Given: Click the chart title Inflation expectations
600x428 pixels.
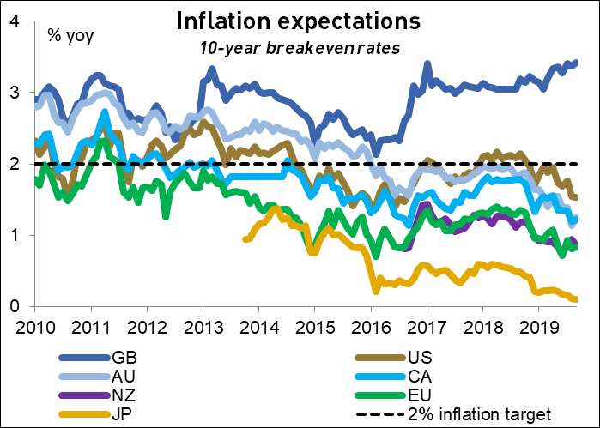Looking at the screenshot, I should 300,19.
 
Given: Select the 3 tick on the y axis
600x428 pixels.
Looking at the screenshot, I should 15,92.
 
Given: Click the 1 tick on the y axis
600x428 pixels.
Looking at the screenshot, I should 15,235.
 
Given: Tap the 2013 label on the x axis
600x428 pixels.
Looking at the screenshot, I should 201,329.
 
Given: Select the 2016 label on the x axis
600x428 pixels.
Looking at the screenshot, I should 369,329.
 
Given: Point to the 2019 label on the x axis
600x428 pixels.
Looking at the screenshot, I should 537,329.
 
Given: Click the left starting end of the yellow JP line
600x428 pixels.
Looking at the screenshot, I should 245,239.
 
